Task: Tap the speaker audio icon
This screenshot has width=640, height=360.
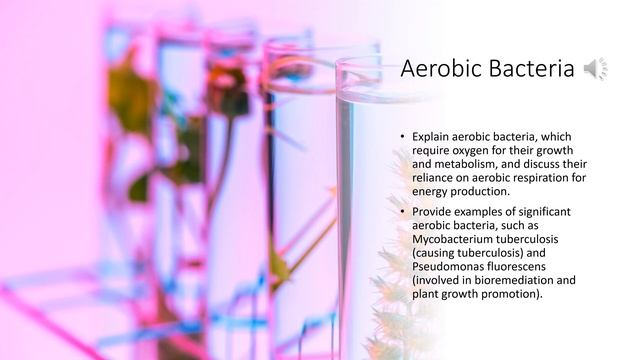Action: [x=595, y=69]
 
